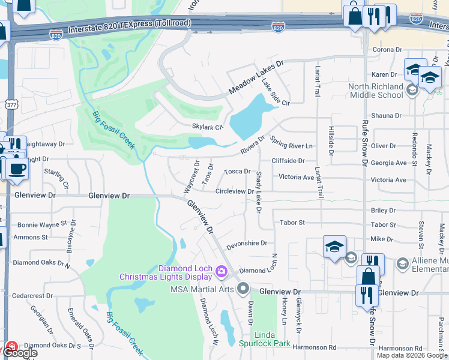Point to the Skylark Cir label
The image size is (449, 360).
207,127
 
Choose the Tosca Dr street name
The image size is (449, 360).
237,172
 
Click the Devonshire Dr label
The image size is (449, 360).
246,244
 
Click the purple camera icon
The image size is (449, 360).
221,272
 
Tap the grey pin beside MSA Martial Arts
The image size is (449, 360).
243,289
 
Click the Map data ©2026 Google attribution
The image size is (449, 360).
412,355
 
